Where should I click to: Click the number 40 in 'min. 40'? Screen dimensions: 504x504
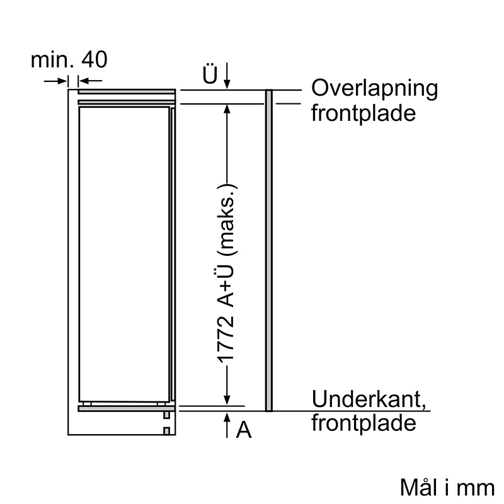click(94, 59)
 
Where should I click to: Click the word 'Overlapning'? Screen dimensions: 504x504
click(374, 89)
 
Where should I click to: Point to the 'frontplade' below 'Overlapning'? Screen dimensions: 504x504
click(364, 114)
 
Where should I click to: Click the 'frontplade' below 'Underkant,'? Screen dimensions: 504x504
click(364, 423)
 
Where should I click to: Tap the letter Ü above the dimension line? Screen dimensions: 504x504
click(210, 74)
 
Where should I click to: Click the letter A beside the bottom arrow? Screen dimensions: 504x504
click(244, 430)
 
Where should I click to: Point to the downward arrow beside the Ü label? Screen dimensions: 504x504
click(227, 76)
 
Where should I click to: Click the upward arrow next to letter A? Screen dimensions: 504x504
click(227, 425)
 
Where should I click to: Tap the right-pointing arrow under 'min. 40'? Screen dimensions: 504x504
click(55, 81)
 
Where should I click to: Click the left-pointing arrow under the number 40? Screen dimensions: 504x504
click(90, 81)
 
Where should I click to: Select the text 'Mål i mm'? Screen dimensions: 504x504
click(447, 487)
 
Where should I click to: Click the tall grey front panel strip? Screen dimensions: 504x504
click(269, 250)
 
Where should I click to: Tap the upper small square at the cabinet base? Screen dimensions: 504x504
click(166, 415)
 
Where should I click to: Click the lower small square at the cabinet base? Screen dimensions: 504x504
click(166, 431)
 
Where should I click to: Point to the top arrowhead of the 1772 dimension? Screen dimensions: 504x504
click(227, 108)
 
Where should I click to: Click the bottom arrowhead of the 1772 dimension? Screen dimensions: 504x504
click(227, 401)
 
